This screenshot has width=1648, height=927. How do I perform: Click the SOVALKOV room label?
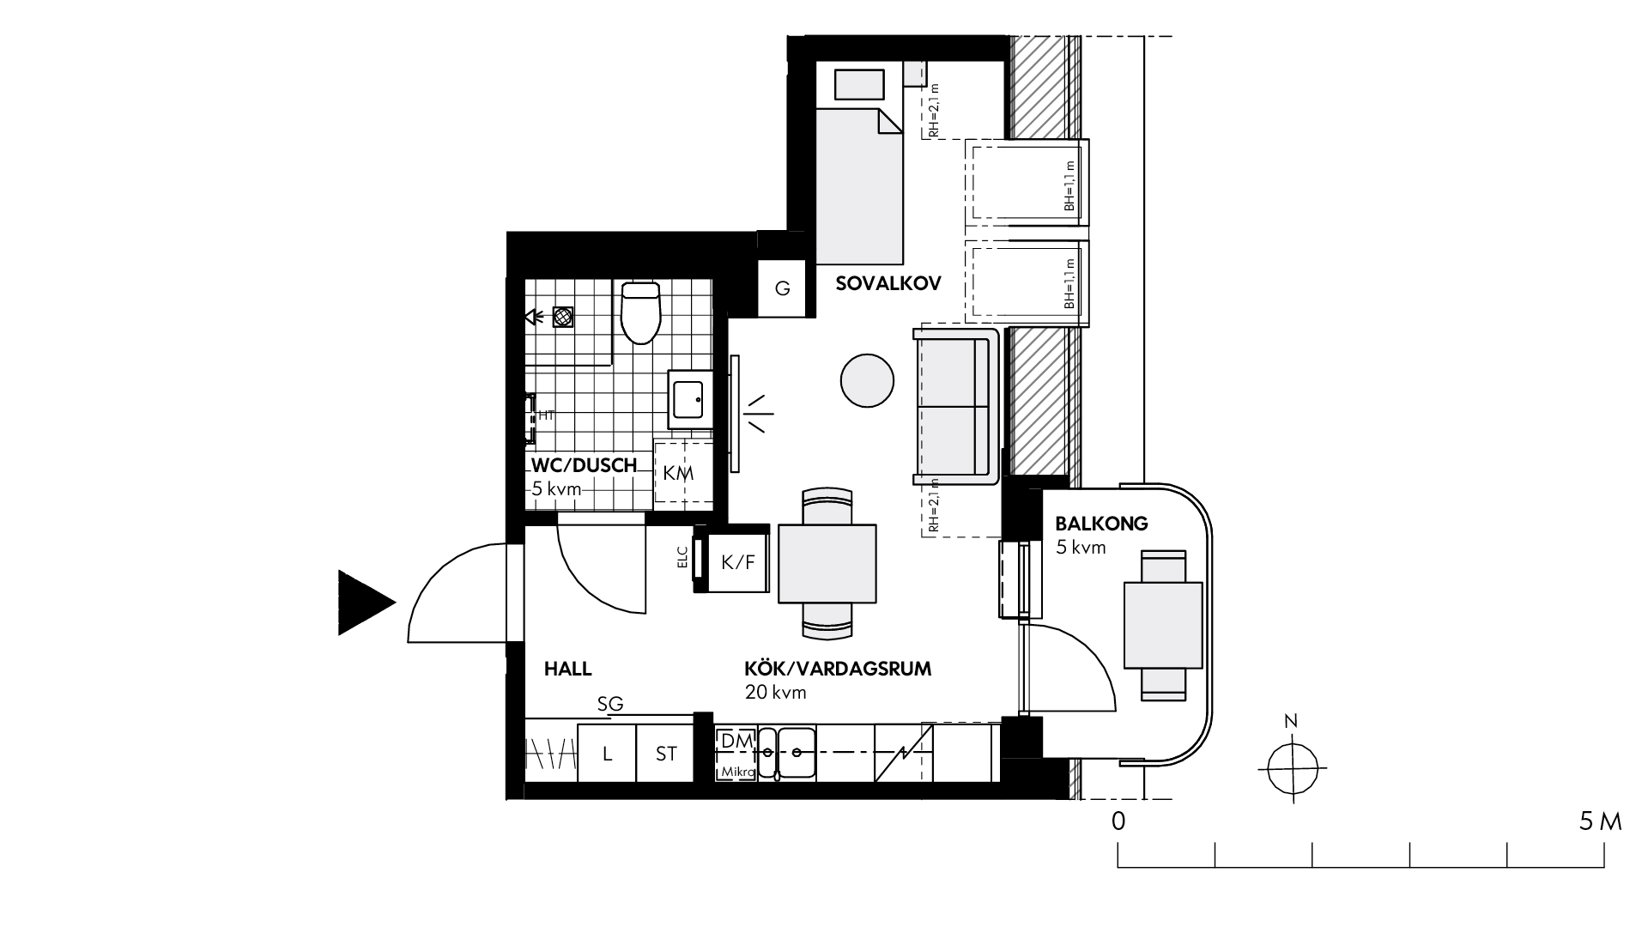point(888,283)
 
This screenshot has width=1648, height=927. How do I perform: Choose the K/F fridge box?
point(737,562)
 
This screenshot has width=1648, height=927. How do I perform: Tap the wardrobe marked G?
point(782,288)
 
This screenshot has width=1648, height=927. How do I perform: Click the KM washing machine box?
point(683,473)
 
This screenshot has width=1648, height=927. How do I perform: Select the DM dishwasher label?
point(736,741)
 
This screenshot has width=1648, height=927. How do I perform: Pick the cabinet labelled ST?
point(666,754)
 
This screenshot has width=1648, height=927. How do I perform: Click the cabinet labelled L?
point(607,754)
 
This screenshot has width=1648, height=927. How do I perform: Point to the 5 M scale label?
point(1600,821)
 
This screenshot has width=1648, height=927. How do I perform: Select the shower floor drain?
point(563,317)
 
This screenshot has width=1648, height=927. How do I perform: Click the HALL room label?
point(568,669)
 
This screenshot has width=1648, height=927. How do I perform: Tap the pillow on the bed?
point(858,86)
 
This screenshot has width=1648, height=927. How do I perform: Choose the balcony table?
point(1163,625)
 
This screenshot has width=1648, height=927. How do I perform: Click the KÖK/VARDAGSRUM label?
point(838,669)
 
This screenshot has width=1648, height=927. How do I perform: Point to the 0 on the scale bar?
point(1118,821)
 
